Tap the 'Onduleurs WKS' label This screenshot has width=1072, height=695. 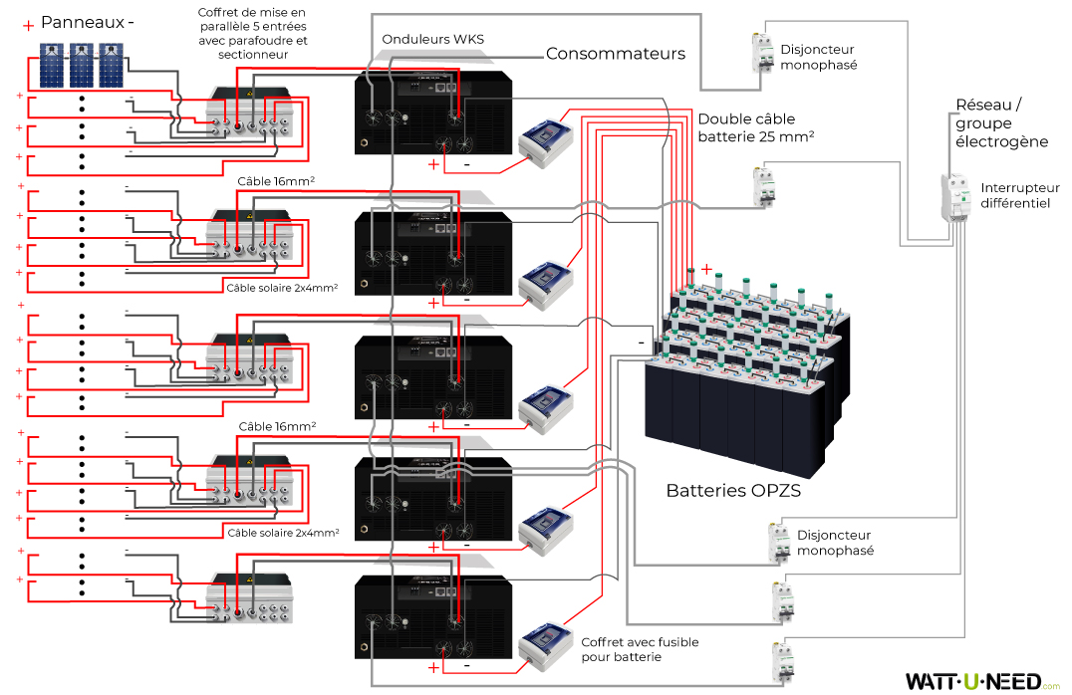(x=432, y=39)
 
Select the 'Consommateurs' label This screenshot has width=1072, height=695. (x=616, y=54)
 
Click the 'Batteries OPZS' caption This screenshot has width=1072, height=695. (x=733, y=491)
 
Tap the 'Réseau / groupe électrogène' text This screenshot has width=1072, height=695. (x=1001, y=123)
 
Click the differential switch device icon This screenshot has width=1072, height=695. (x=956, y=197)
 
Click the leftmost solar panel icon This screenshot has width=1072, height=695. (x=53, y=66)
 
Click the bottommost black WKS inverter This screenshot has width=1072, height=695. (x=434, y=617)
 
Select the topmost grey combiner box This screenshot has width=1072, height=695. (x=249, y=116)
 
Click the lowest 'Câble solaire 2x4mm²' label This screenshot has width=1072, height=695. (x=283, y=533)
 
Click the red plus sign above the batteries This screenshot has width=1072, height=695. (x=706, y=269)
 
